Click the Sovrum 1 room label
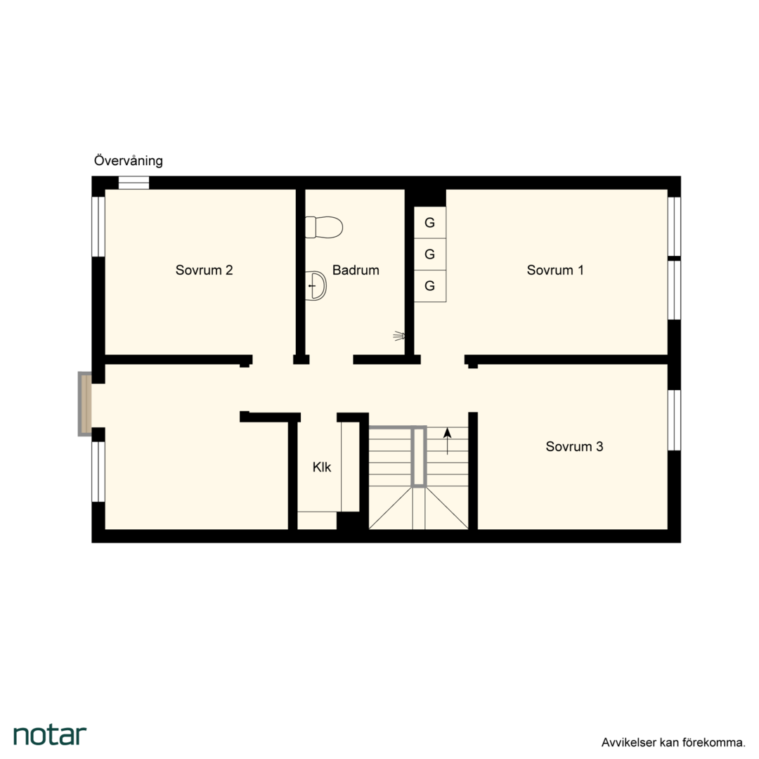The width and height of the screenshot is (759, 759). tap(555, 270)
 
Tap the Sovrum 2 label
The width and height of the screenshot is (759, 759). tap(204, 270)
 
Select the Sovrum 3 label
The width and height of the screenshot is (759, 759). tap(574, 446)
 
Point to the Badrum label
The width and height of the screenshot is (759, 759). tap(356, 270)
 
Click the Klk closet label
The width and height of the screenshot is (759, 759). tap(322, 467)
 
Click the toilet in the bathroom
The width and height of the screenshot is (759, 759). tap(324, 227)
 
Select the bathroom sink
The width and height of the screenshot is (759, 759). tap(316, 285)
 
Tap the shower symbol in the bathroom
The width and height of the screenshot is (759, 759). tap(399, 335)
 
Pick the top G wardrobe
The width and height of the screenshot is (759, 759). tap(430, 223)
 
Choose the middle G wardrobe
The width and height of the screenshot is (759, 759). tap(430, 254)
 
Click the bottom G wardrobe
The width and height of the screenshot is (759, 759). tap(430, 286)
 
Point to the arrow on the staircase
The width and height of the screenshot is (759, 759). tap(447, 441)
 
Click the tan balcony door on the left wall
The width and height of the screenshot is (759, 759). tap(86, 404)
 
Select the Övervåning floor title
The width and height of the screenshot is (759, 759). tap(129, 160)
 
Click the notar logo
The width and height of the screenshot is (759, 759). tap(50, 735)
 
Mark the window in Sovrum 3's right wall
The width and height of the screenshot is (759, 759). tap(674, 420)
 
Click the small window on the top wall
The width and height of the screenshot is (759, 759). tap(134, 183)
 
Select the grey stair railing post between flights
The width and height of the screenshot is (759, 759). tap(418, 457)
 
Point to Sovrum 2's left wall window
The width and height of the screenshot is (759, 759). tap(98, 226)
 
